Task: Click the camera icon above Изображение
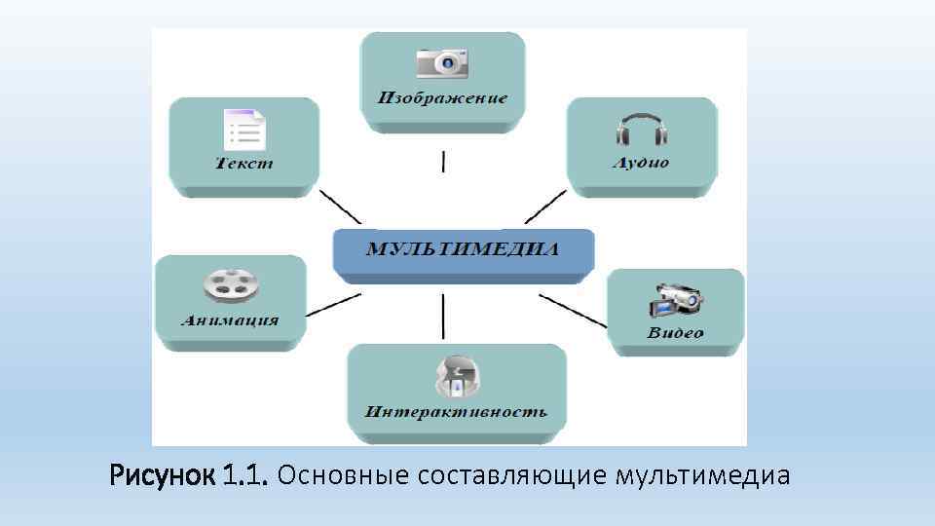click(x=443, y=63)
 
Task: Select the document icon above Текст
click(x=243, y=130)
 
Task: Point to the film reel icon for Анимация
click(x=231, y=285)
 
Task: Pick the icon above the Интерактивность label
click(x=457, y=377)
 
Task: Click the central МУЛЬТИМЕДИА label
click(x=463, y=248)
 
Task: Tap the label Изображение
click(x=443, y=98)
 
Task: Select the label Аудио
click(x=640, y=163)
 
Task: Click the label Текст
click(x=243, y=164)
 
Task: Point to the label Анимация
click(x=230, y=319)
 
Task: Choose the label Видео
click(x=675, y=333)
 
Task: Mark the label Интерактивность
click(x=456, y=411)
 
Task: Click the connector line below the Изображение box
click(x=444, y=161)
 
